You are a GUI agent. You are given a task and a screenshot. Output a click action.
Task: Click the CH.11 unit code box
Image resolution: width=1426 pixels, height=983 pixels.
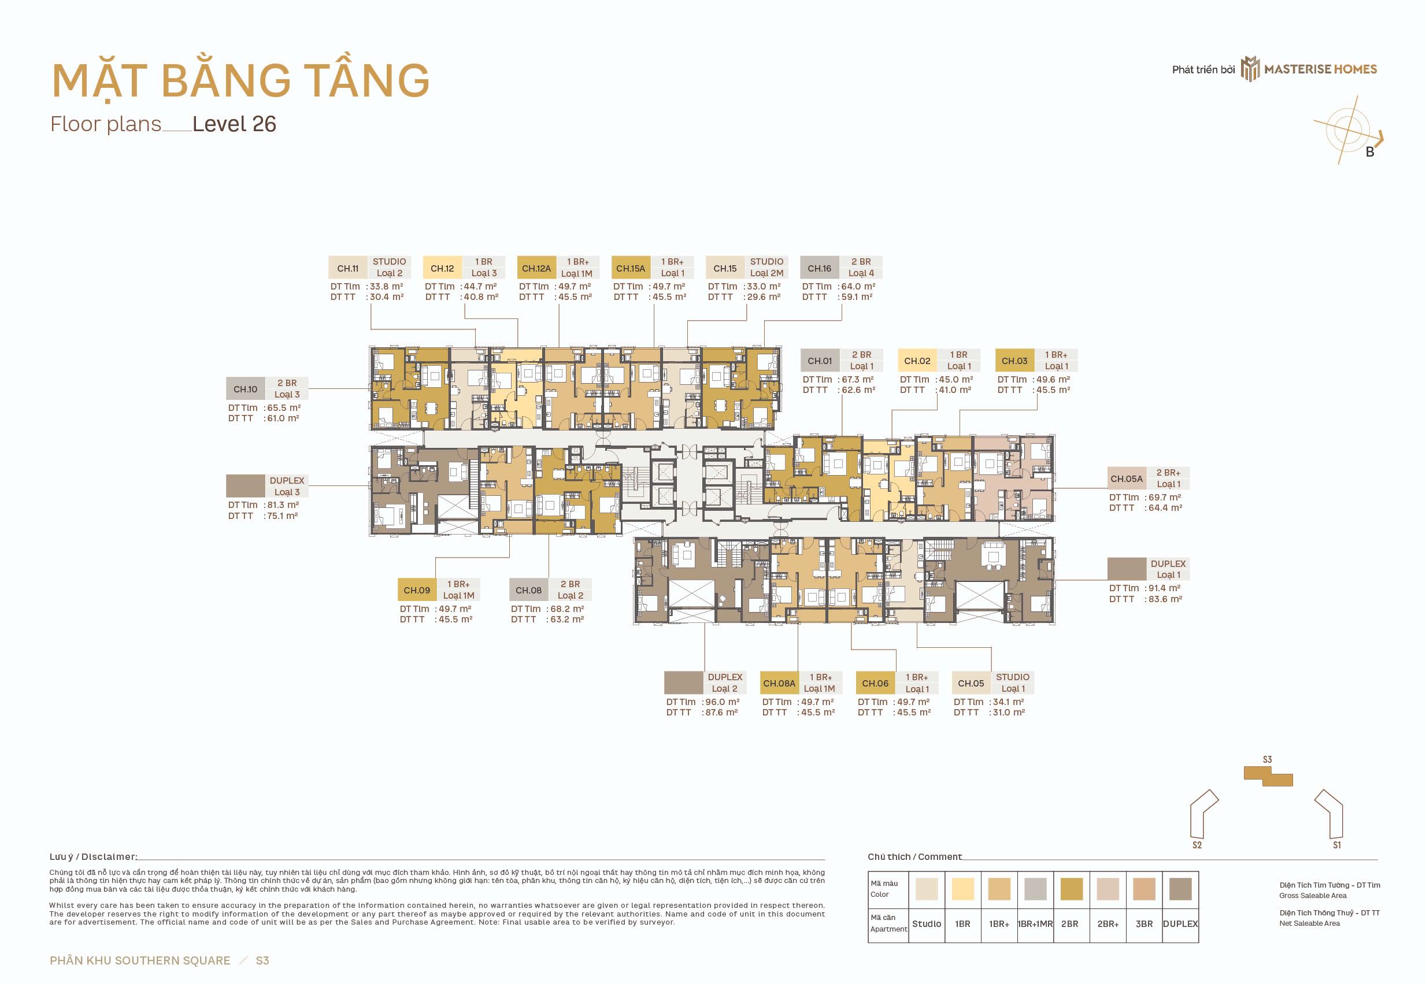pyautogui.click(x=348, y=268)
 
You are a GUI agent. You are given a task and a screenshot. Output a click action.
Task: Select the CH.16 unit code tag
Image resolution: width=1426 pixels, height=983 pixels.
pyautogui.click(x=819, y=268)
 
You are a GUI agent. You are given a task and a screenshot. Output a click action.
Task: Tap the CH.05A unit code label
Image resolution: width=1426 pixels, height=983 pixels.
pyautogui.click(x=1127, y=478)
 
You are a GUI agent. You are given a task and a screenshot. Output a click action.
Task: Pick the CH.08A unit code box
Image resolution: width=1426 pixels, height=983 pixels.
pyautogui.click(x=779, y=683)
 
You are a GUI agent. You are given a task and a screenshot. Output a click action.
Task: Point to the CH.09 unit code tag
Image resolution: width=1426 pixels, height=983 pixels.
pyautogui.click(x=417, y=590)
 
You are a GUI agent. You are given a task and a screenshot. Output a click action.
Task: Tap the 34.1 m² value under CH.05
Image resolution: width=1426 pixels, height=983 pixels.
pyautogui.click(x=1008, y=702)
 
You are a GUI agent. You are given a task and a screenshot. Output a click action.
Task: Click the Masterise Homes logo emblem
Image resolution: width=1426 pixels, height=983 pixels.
pyautogui.click(x=1250, y=69)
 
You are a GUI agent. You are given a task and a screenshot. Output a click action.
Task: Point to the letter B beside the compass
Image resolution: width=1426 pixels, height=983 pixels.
pyautogui.click(x=1370, y=152)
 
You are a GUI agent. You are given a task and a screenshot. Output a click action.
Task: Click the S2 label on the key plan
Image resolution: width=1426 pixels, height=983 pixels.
pyautogui.click(x=1197, y=845)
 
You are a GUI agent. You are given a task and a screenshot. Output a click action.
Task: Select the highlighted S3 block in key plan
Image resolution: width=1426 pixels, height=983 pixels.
pyautogui.click(x=1268, y=776)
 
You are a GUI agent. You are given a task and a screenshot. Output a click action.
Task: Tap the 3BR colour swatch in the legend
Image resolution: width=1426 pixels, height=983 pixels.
pyautogui.click(x=1144, y=889)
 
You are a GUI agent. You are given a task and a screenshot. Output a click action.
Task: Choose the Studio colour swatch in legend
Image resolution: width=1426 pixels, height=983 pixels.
pyautogui.click(x=927, y=889)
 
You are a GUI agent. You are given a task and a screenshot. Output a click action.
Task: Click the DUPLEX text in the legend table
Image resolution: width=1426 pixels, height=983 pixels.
pyautogui.click(x=1180, y=924)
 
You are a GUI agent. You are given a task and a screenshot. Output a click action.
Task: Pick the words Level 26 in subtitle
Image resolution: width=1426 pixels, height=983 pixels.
pyautogui.click(x=234, y=124)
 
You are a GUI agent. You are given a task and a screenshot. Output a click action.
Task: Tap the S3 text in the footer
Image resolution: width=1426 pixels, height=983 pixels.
pyautogui.click(x=262, y=960)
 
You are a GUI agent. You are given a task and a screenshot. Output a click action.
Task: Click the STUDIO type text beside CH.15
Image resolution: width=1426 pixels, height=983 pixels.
pyautogui.click(x=767, y=262)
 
